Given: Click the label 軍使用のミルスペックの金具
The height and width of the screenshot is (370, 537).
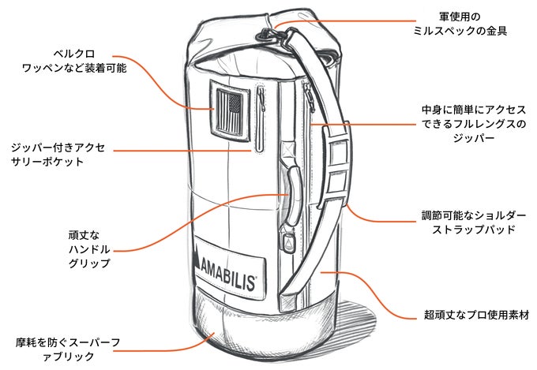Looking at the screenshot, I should click(473, 24).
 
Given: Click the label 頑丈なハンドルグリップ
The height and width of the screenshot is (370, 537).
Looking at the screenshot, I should click(88, 249).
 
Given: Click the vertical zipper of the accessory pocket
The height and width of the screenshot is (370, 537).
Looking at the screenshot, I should click(258, 118).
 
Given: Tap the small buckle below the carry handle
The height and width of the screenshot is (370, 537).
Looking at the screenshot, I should click(287, 241).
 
